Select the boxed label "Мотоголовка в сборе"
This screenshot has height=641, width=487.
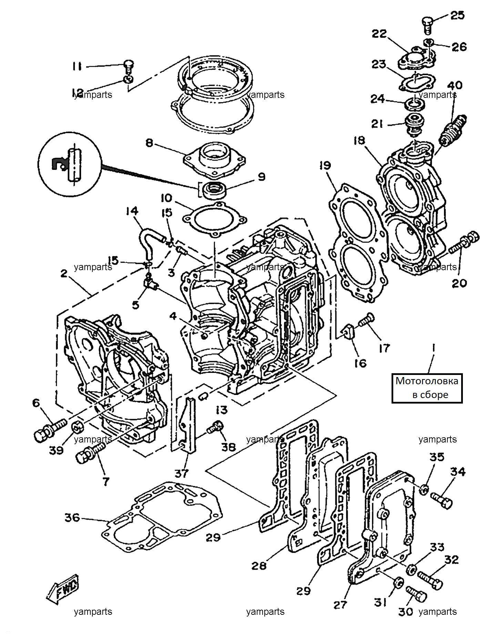point(427,388)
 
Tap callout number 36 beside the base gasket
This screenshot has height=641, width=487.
point(72,518)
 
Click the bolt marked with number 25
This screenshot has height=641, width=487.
point(427,25)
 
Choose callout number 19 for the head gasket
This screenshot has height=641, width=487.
point(325,165)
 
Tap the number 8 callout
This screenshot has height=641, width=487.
point(149,143)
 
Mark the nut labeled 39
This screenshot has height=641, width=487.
point(78,428)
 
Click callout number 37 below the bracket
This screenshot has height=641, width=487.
point(182,474)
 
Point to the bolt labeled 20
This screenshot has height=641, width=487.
point(464,243)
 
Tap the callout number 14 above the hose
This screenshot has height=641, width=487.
point(132,211)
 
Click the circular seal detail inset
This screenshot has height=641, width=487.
point(70,164)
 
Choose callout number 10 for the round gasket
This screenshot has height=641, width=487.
point(166,198)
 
